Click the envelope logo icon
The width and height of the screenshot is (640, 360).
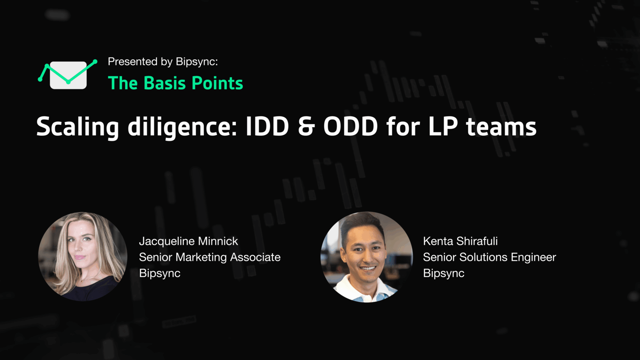[68, 75]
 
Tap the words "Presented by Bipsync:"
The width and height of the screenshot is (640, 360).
[163, 61]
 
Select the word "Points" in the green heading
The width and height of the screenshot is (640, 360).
[217, 83]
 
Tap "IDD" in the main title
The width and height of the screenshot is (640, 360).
[267, 126]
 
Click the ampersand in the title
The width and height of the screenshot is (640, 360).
[306, 126]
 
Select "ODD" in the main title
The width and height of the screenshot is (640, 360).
[350, 126]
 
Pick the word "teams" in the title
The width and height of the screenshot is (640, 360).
[501, 127]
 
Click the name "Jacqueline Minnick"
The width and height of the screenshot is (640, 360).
[188, 241]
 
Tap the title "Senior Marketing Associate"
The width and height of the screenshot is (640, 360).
[210, 257]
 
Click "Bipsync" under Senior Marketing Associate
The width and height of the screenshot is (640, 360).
[160, 273]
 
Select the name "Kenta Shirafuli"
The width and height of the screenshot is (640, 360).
[460, 241]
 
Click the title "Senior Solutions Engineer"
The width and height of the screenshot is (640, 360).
[489, 257]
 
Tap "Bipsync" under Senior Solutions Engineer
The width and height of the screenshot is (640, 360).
[444, 273]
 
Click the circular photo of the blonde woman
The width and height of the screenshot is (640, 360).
[83, 257]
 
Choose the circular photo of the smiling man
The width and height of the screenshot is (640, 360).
[367, 257]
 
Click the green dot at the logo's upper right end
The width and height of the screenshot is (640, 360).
[95, 61]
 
